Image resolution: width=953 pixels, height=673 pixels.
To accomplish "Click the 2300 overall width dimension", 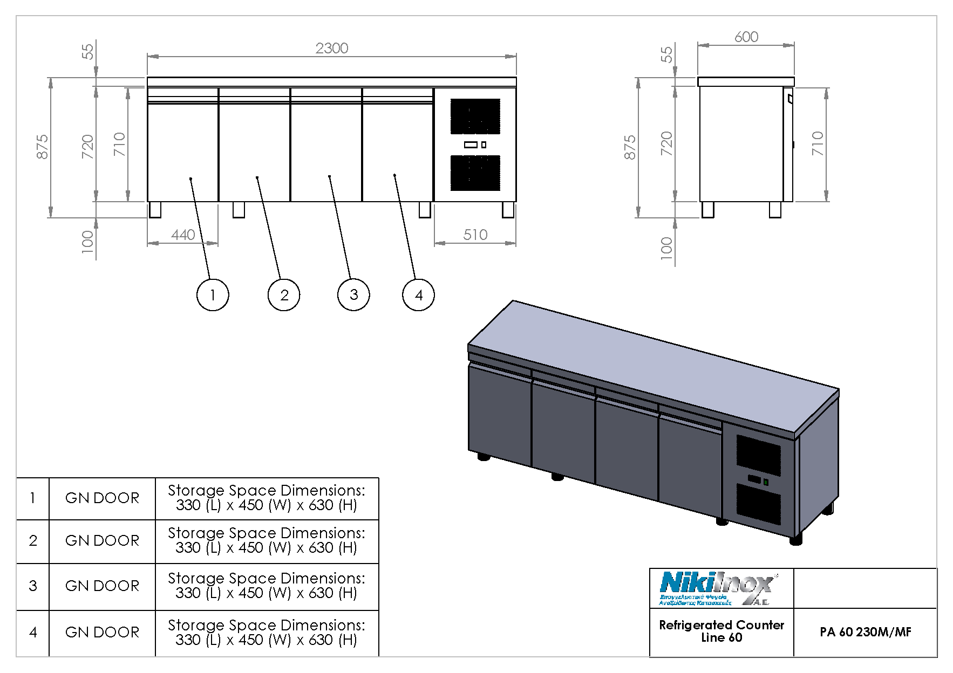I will [331, 49].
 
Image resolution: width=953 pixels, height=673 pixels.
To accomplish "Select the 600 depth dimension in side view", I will [746, 37].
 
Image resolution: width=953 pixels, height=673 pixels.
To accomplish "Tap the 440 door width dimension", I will [183, 235].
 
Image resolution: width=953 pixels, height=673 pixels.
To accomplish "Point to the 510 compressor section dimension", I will [475, 235].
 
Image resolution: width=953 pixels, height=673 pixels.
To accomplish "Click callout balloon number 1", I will [213, 295].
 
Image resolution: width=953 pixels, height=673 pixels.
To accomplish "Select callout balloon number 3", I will [353, 295].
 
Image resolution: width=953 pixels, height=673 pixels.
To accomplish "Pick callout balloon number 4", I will [418, 295].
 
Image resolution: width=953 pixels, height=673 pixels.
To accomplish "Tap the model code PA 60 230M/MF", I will [865, 632].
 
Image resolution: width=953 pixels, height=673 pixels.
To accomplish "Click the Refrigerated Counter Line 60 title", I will [721, 631].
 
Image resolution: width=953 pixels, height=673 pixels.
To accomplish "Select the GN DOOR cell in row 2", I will [102, 541].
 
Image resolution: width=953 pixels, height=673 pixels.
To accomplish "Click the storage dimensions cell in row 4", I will [267, 633].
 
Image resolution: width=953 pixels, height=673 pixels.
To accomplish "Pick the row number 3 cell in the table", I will [33, 586].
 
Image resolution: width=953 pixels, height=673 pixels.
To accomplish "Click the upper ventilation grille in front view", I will [475, 116].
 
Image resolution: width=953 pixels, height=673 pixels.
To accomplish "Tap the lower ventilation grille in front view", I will [475, 173].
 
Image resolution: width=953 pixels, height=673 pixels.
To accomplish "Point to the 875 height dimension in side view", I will [630, 147].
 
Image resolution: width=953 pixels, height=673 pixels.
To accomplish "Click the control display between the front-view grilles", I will [471, 145].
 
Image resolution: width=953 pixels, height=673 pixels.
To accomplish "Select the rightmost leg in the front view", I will [508, 210].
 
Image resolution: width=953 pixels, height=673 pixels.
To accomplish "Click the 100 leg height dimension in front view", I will [87, 242].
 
